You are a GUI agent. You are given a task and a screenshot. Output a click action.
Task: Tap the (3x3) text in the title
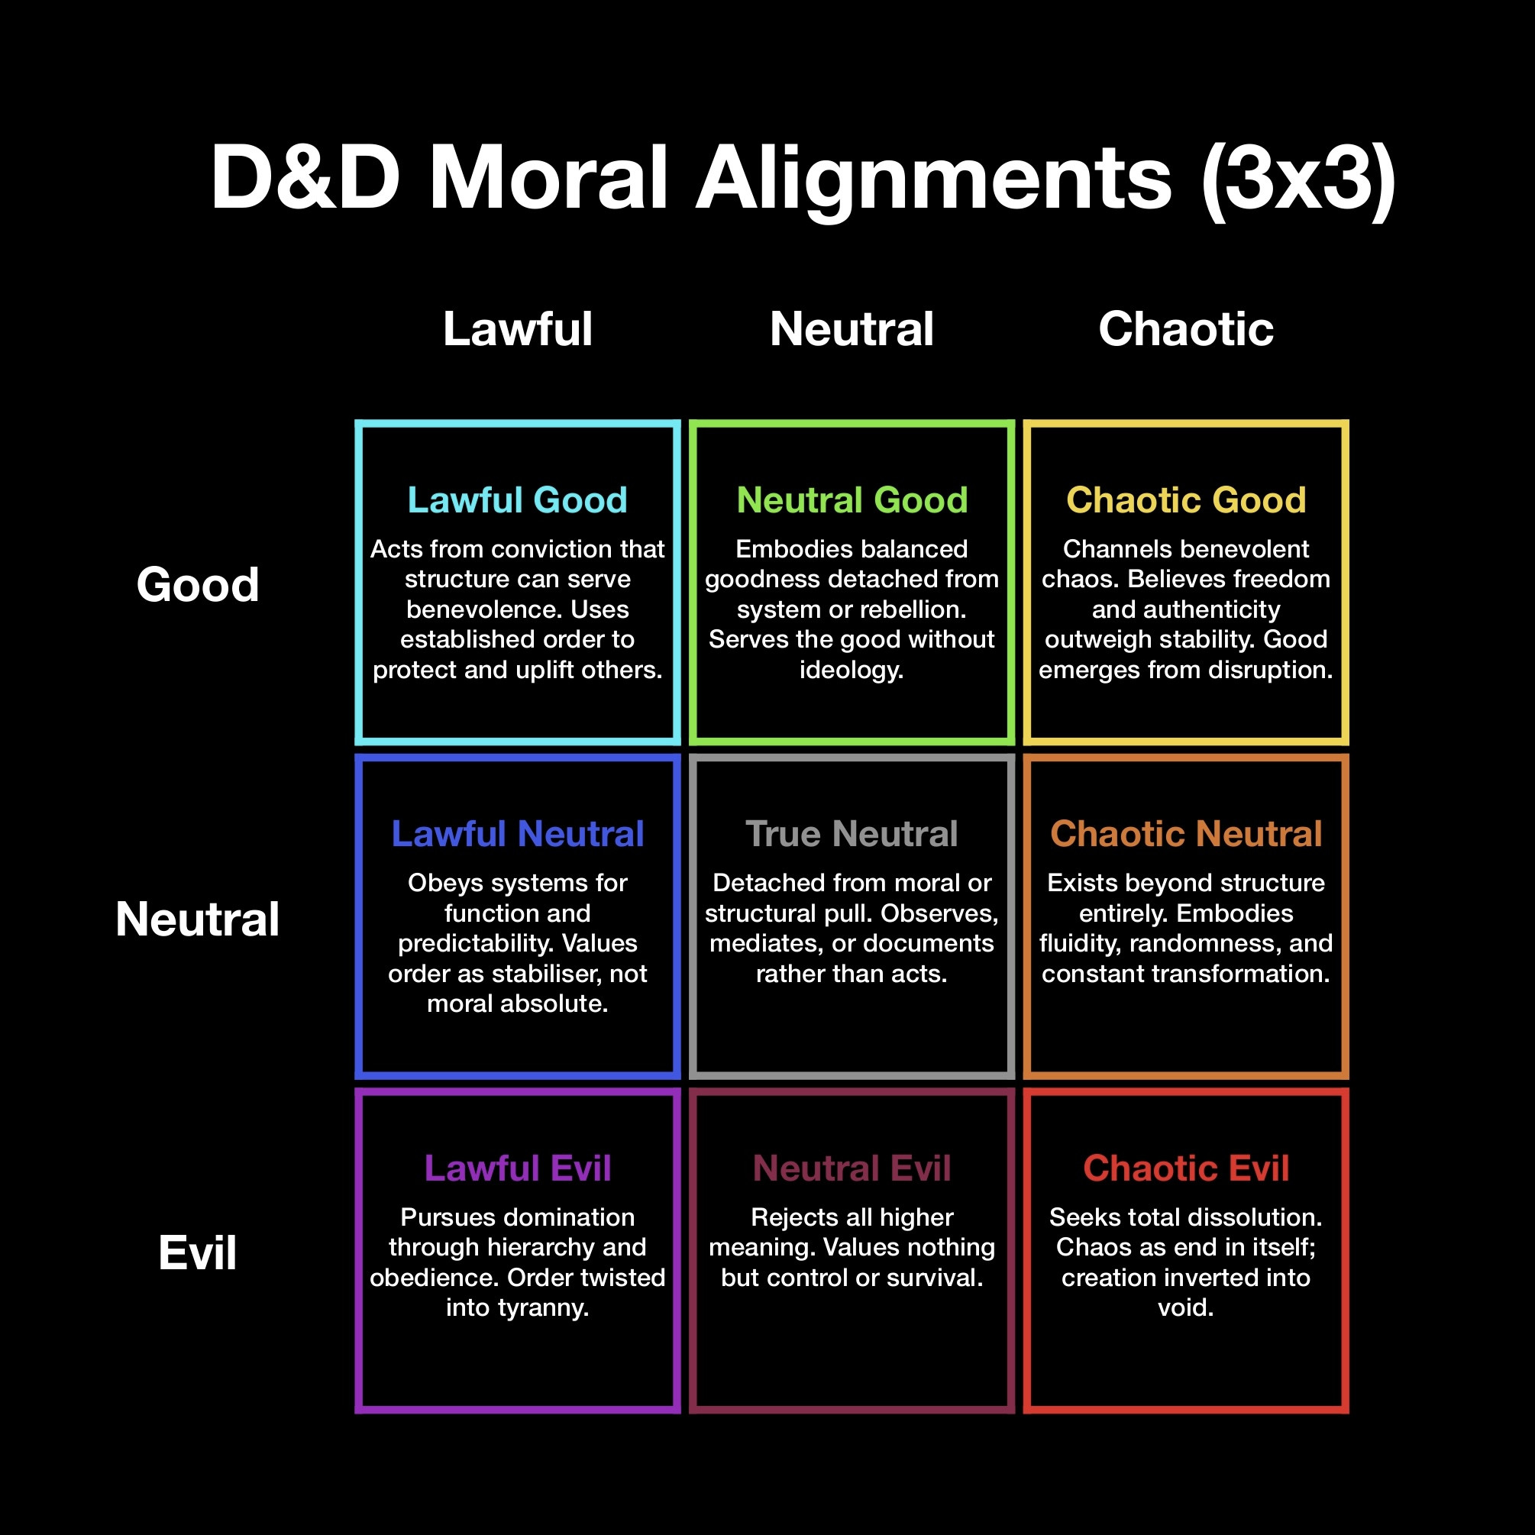pos(1298,178)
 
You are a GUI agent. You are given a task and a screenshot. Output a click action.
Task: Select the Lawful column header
pos(517,328)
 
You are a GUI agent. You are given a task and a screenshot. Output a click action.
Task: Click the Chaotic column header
pos(1185,328)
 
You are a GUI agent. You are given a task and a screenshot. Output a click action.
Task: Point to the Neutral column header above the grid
pos(852,328)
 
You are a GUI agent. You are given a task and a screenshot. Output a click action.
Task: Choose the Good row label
pos(198,584)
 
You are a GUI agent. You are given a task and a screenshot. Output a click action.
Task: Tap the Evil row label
pos(198,1252)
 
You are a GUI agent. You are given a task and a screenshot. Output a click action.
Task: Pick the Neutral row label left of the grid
pos(198,919)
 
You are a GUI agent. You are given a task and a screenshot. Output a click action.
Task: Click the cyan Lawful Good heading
pos(517,499)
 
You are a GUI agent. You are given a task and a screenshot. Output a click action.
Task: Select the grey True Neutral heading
pos(852,833)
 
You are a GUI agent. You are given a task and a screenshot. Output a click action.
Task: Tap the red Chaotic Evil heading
pos(1185,1168)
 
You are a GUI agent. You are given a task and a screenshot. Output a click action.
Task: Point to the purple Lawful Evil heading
pos(517,1168)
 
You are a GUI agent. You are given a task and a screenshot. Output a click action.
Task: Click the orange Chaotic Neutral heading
pos(1185,833)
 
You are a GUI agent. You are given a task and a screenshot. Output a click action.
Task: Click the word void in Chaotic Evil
pos(1185,1307)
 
